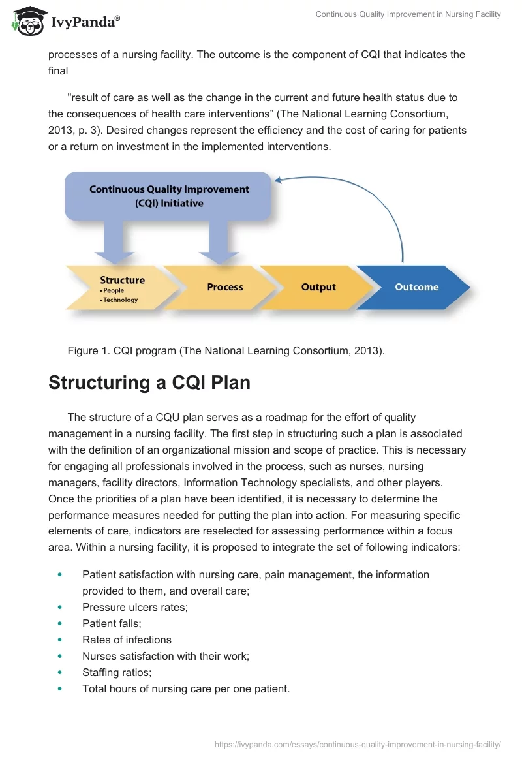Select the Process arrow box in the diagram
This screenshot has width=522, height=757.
224,287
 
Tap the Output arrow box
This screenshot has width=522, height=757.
318,287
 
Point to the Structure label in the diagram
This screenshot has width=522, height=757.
122,280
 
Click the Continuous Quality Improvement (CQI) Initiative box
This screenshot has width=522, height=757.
168,196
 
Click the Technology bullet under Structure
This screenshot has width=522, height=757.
121,300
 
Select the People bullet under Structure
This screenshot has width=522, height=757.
114,291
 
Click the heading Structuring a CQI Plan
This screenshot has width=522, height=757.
149,382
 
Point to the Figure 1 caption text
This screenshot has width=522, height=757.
226,351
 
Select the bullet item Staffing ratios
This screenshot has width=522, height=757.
116,672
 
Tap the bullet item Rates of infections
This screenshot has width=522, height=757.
127,640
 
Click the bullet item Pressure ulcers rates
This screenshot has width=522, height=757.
134,607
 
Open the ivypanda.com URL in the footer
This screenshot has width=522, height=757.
357,743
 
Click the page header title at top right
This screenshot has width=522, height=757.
408,14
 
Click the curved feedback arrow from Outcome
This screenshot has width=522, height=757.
378,196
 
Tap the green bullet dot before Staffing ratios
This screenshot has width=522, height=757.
61,672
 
